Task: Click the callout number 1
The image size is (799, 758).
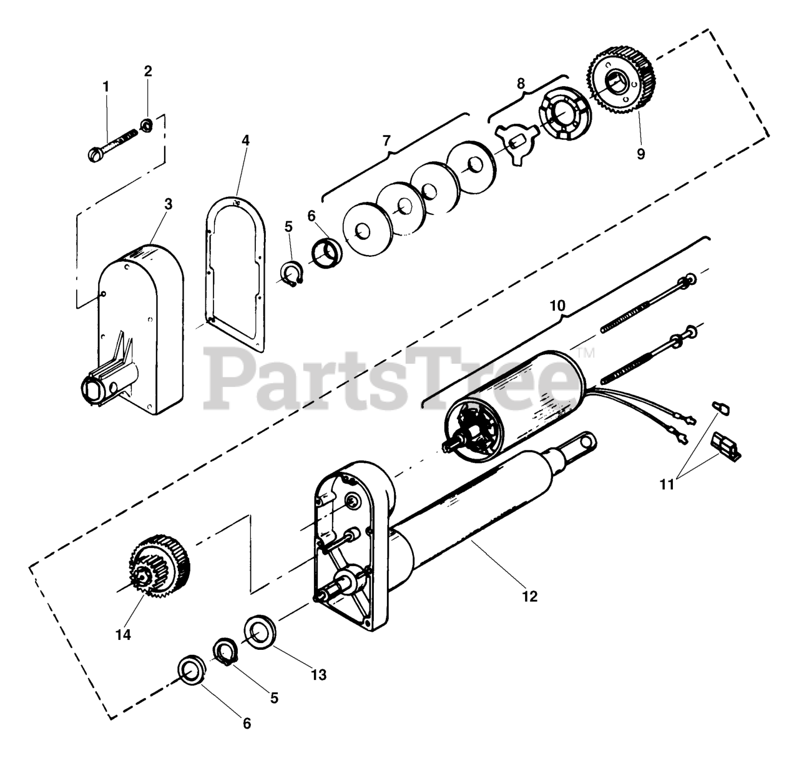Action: coord(105,86)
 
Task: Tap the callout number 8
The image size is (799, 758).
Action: coord(521,83)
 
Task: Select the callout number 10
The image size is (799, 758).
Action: coord(557,306)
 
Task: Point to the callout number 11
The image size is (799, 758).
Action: coord(667,484)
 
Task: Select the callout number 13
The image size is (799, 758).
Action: coord(318,675)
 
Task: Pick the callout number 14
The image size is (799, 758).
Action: coord(123,634)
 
